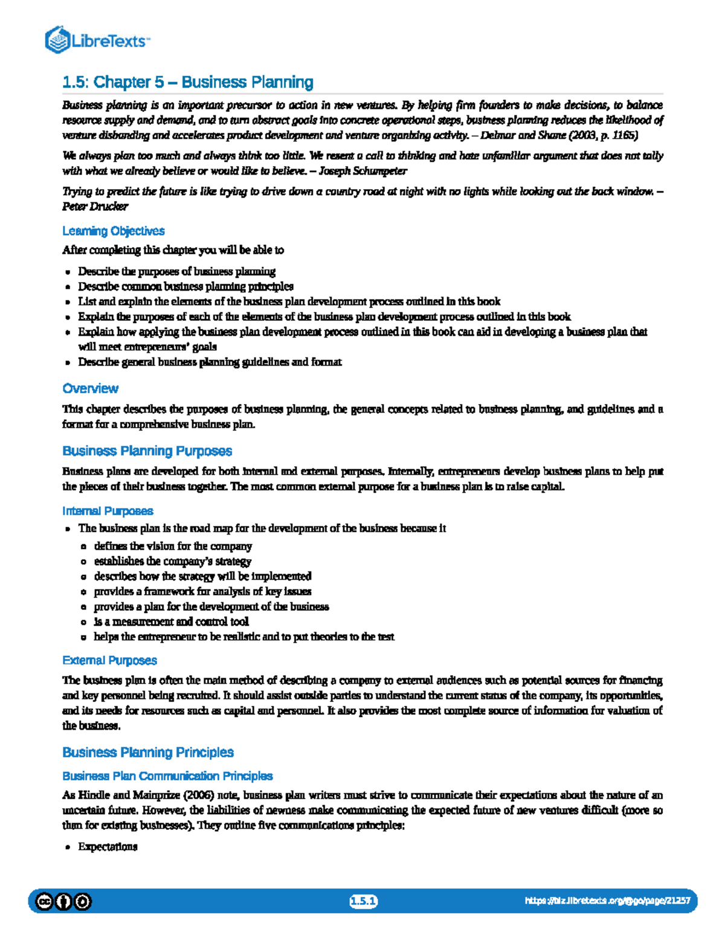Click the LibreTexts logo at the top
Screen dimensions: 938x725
pyautogui.click(x=97, y=40)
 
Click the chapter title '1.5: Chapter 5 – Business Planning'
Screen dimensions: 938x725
pyautogui.click(x=188, y=82)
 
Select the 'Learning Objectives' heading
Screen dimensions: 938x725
pyautogui.click(x=113, y=231)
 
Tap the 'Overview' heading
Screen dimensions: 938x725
pyautogui.click(x=90, y=388)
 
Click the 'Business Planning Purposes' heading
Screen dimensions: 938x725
pyautogui.click(x=147, y=451)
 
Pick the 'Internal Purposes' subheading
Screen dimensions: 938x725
pyautogui.click(x=108, y=511)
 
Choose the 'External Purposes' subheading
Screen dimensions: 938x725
pyautogui.click(x=109, y=660)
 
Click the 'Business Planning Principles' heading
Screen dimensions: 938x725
pyautogui.click(x=147, y=753)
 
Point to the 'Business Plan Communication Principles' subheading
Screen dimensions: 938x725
pyautogui.click(x=167, y=776)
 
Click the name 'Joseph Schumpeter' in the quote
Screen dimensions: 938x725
pyautogui.click(x=362, y=171)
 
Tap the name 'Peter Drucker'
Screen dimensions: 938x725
pyautogui.click(x=95, y=207)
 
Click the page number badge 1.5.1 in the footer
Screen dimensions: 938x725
pyautogui.click(x=363, y=902)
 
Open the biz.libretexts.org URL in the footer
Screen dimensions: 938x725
pyautogui.click(x=607, y=901)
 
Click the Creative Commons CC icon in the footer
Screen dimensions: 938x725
pyautogui.click(x=44, y=902)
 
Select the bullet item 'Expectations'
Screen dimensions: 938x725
pyautogui.click(x=108, y=847)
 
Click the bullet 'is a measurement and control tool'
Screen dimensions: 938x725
pyautogui.click(x=171, y=622)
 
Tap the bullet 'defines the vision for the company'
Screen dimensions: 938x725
pyautogui.click(x=173, y=546)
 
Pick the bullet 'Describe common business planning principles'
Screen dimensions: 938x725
pyautogui.click(x=185, y=286)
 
